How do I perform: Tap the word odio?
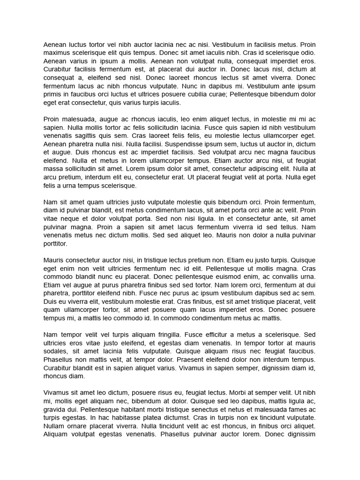click(307, 53)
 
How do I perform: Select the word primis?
click(53, 95)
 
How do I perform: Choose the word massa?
click(52, 169)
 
